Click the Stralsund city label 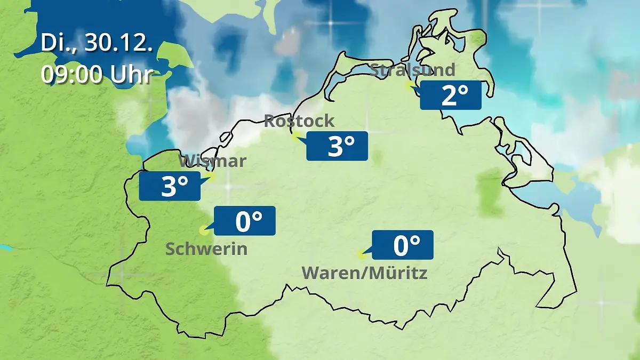[x=412, y=70]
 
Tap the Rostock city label [x=299, y=121]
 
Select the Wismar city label [x=212, y=161]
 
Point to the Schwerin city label [x=206, y=249]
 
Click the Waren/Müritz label [x=365, y=273]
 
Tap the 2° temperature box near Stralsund [x=451, y=95]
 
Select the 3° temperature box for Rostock [x=337, y=146]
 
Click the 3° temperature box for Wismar [x=170, y=186]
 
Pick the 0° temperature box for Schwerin [x=245, y=221]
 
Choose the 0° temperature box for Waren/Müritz [x=403, y=245]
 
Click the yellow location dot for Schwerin [x=203, y=230]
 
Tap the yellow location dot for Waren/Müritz [x=361, y=254]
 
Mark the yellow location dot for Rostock [x=295, y=137]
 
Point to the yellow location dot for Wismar [x=211, y=176]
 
